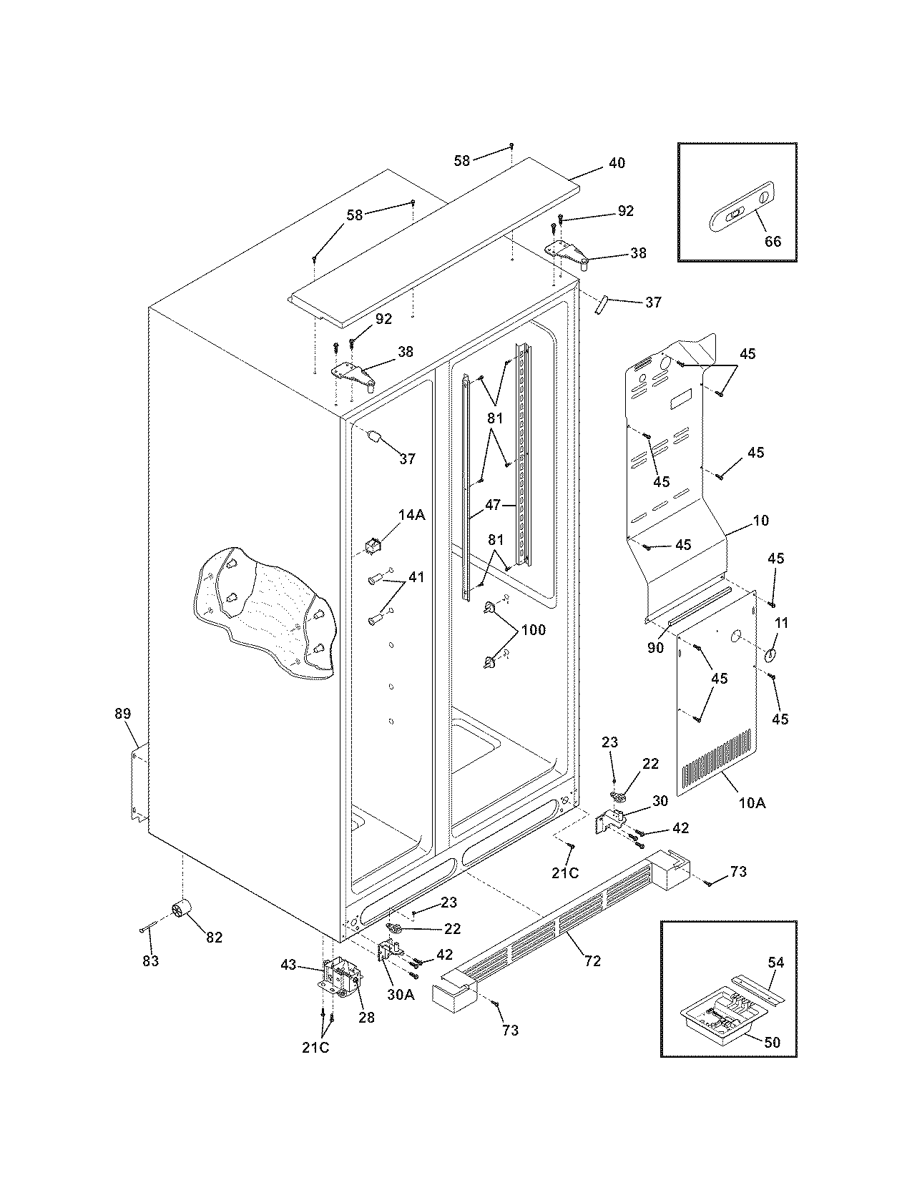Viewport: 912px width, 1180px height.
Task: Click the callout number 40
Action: point(616,163)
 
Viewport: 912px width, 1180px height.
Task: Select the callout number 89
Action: point(123,713)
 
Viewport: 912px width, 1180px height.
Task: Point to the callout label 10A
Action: point(751,803)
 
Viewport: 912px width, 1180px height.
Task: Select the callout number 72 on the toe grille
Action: point(592,960)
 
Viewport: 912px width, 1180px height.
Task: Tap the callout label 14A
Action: point(412,515)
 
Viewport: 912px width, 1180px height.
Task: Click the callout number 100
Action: point(534,630)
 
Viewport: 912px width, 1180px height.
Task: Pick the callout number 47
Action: point(493,505)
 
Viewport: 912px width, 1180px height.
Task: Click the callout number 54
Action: point(775,963)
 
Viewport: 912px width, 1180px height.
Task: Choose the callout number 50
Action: point(772,1042)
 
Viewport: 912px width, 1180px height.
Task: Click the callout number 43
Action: point(288,965)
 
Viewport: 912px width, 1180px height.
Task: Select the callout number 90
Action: point(655,648)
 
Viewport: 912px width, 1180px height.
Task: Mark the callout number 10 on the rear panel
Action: point(761,521)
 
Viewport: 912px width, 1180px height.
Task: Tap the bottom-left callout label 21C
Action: point(315,1048)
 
